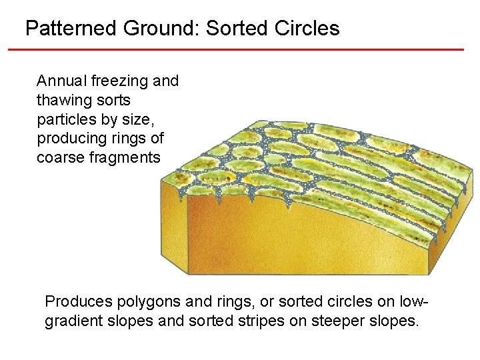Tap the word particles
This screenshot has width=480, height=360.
[x=64, y=120]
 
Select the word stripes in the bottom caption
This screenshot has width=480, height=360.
[x=248, y=321]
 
